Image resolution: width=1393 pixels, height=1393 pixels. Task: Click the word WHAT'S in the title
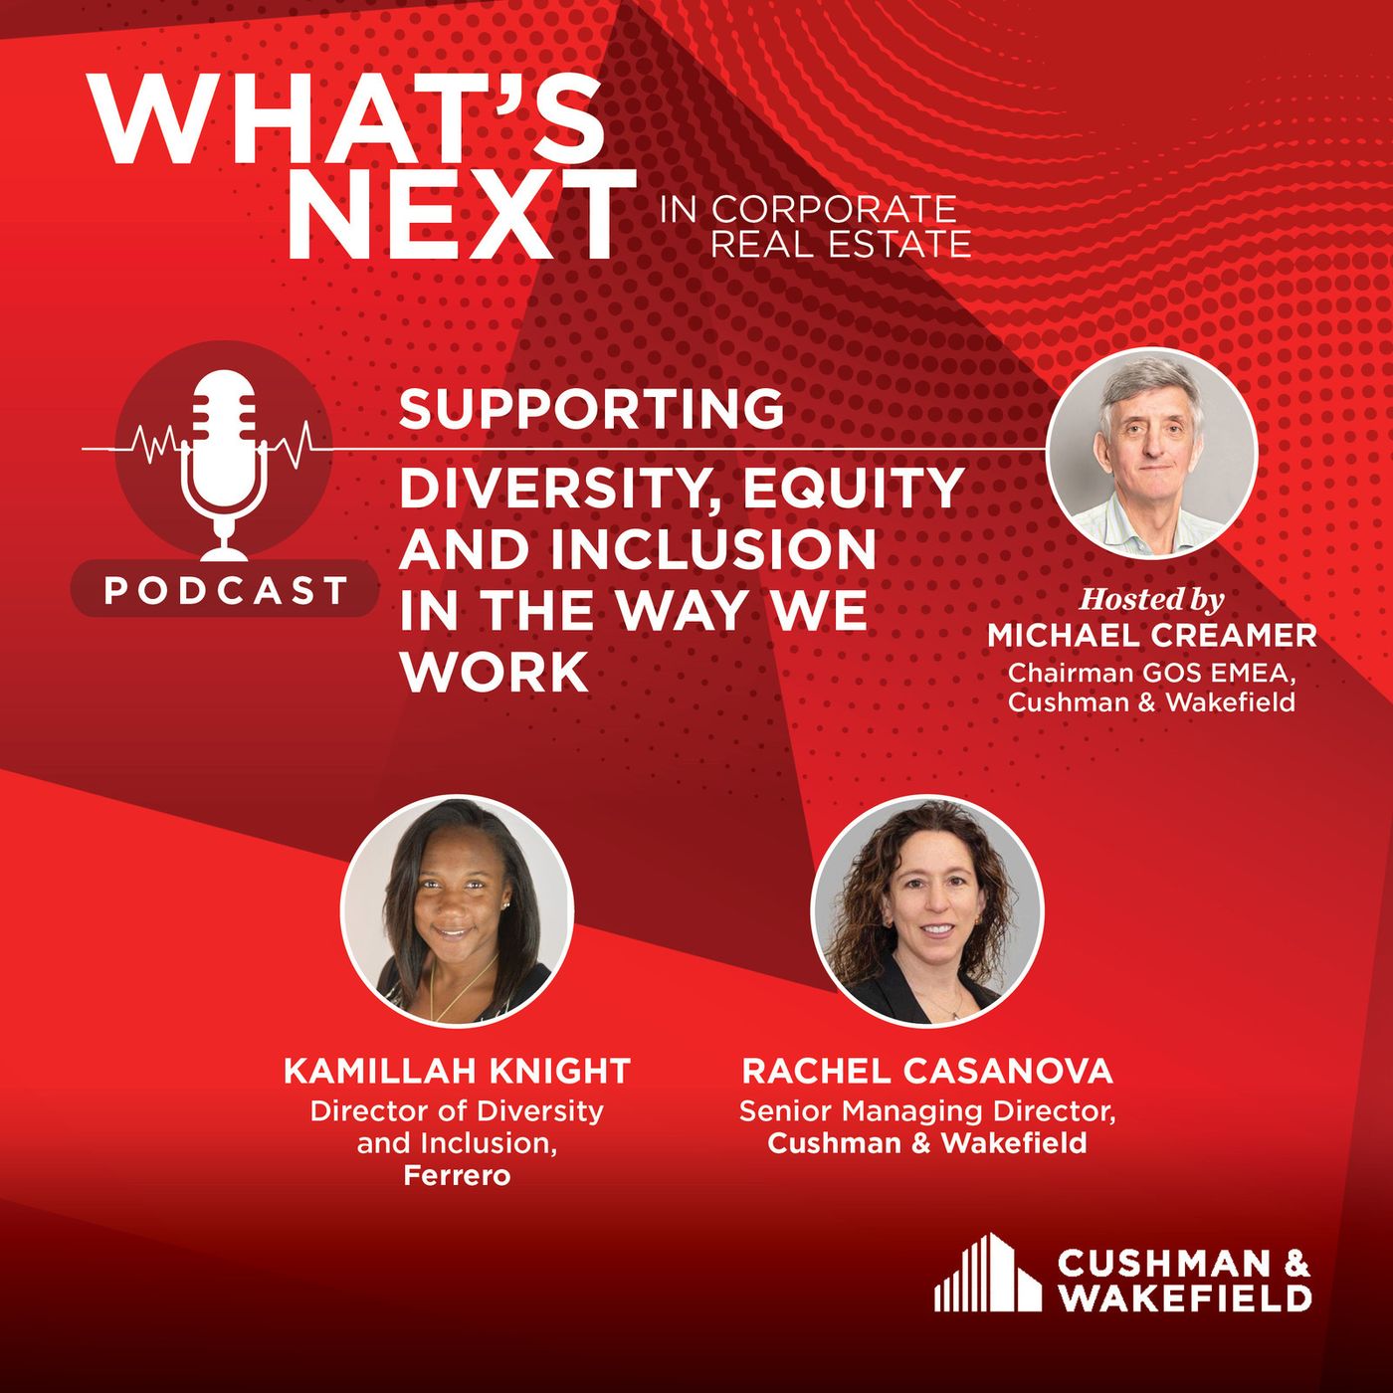click(x=345, y=118)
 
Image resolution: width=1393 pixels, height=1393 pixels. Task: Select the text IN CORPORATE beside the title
click(x=808, y=210)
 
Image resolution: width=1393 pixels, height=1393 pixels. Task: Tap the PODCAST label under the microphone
click(x=226, y=591)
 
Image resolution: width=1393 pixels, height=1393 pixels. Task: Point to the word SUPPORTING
click(x=591, y=409)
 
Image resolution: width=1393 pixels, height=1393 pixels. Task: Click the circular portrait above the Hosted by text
click(x=1151, y=454)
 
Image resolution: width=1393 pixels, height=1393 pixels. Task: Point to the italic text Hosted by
click(x=1151, y=599)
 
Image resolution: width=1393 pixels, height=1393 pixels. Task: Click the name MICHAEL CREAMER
click(x=1152, y=636)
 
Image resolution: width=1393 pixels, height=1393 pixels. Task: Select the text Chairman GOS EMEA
click(x=1151, y=673)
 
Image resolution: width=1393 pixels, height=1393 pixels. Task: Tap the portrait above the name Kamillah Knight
click(x=458, y=910)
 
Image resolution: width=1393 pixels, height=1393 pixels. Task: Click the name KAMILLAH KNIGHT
click(x=458, y=1071)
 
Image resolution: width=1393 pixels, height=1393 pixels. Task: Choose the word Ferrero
click(x=458, y=1176)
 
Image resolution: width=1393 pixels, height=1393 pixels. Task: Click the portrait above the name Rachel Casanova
click(x=927, y=910)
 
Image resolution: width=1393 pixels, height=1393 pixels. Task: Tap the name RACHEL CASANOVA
click(x=927, y=1071)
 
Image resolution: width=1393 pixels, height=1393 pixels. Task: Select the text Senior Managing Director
click(x=927, y=1111)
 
